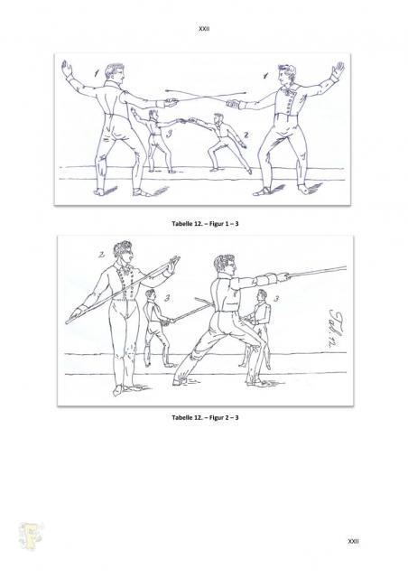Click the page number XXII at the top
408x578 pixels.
(204, 28)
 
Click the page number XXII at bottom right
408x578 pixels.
(353, 541)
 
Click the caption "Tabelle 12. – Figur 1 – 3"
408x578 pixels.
(205, 223)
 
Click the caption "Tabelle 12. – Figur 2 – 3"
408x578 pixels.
(205, 417)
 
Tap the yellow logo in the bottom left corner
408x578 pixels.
(31, 536)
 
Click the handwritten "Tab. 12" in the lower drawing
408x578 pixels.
(337, 328)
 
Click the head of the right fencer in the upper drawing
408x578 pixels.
(287, 75)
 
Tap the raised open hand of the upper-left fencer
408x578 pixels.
(66, 69)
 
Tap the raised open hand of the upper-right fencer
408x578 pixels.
(338, 70)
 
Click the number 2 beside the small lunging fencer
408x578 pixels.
(246, 135)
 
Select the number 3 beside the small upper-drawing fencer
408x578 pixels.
(169, 134)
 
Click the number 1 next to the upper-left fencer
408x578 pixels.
(97, 73)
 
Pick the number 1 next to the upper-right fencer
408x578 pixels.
(265, 76)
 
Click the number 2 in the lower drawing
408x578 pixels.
(102, 255)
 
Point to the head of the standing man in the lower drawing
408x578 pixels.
(123, 252)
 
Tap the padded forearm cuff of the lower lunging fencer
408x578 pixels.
(266, 280)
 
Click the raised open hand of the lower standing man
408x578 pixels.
(172, 265)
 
